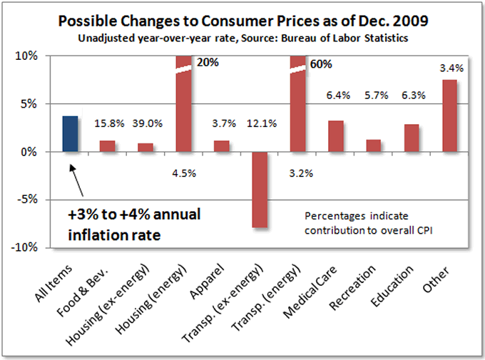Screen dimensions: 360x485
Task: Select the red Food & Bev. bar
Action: coord(108,146)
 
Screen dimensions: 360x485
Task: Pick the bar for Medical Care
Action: coord(336,136)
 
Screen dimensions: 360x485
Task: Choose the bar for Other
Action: coord(449,115)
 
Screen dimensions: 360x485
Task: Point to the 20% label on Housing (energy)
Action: coord(208,62)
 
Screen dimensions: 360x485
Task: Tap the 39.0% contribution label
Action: coord(145,123)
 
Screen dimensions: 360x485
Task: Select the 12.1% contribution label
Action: coord(260,123)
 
